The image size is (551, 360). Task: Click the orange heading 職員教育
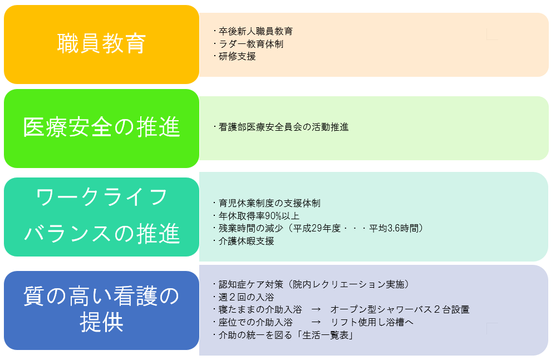coord(101,43)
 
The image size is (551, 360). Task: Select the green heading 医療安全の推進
coord(101,127)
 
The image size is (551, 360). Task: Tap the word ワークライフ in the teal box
coord(101,196)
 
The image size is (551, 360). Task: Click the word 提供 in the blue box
coord(101,322)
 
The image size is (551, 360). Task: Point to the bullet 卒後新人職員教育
coord(255,31)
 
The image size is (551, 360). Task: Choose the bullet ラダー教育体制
coord(251,44)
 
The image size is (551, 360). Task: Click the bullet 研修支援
coord(237,56)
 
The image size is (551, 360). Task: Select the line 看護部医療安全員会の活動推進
coord(284,127)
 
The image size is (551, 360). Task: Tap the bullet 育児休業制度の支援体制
coord(269,203)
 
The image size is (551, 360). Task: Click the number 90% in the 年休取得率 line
coord(273,216)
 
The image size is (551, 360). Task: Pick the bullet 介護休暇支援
coord(247,241)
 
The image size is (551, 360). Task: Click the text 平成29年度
coord(317,228)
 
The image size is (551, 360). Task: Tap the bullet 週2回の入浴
coord(247,297)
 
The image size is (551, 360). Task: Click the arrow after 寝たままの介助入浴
coord(316,309)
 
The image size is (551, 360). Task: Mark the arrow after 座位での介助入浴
coord(316,322)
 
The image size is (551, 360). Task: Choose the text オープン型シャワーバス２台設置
coord(400,309)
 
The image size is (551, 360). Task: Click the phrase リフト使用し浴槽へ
coord(372,322)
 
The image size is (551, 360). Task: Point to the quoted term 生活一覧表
coord(325,335)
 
